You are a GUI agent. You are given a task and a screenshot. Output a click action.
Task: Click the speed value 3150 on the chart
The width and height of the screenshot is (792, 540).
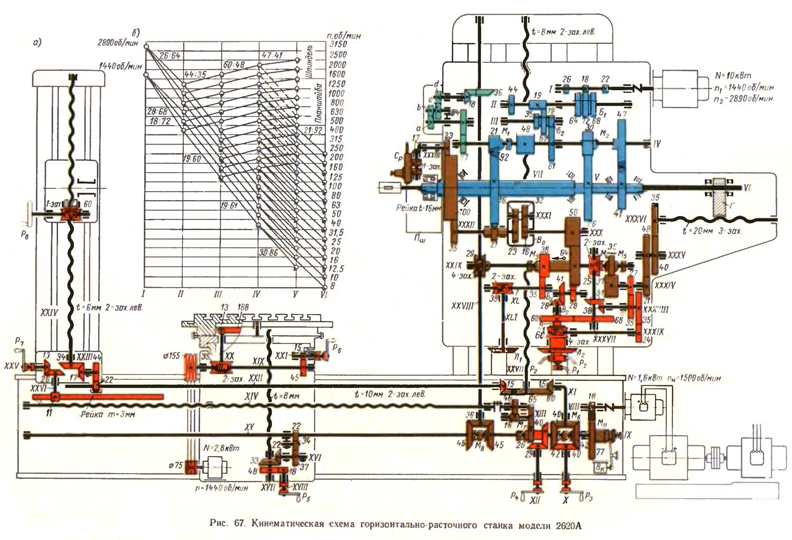click(x=338, y=44)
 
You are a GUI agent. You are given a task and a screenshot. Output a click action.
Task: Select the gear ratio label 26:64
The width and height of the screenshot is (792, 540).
click(x=169, y=55)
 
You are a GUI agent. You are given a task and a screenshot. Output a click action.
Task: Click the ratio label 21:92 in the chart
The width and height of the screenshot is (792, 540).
click(x=313, y=130)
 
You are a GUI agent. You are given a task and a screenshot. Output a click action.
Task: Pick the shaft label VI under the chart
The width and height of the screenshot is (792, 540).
click(x=324, y=295)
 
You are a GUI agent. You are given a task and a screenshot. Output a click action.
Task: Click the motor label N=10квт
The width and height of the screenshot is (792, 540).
click(x=733, y=75)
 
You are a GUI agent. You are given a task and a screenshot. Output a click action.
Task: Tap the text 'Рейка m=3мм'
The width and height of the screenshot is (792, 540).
click(x=108, y=414)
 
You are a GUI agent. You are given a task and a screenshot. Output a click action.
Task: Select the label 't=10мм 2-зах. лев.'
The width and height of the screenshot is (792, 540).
click(x=390, y=394)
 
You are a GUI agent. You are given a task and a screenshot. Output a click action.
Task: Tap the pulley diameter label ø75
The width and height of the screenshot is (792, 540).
click(x=175, y=465)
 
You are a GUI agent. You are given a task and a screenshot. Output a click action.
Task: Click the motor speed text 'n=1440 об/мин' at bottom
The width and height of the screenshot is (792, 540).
click(x=221, y=488)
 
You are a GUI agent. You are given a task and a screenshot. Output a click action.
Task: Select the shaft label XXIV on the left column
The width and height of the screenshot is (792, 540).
click(x=49, y=313)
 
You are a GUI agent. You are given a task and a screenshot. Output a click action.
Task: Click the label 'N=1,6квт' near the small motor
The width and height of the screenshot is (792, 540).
click(x=644, y=378)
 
